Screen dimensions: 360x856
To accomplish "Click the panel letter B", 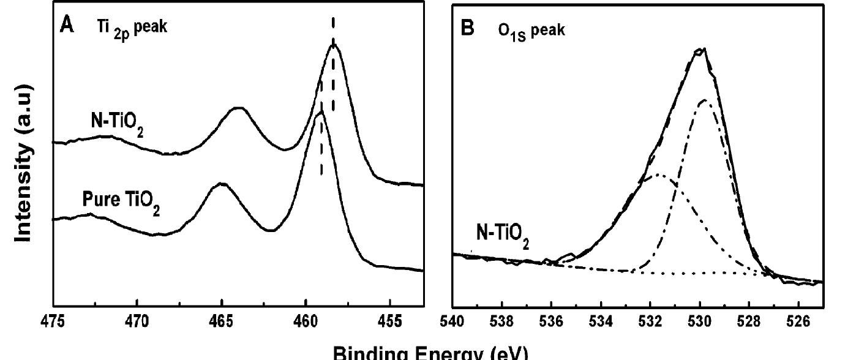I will tap(467, 29).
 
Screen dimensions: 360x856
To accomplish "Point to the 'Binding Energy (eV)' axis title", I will tap(429, 352).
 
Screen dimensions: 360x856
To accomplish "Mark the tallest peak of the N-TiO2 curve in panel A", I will tap(334, 45).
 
